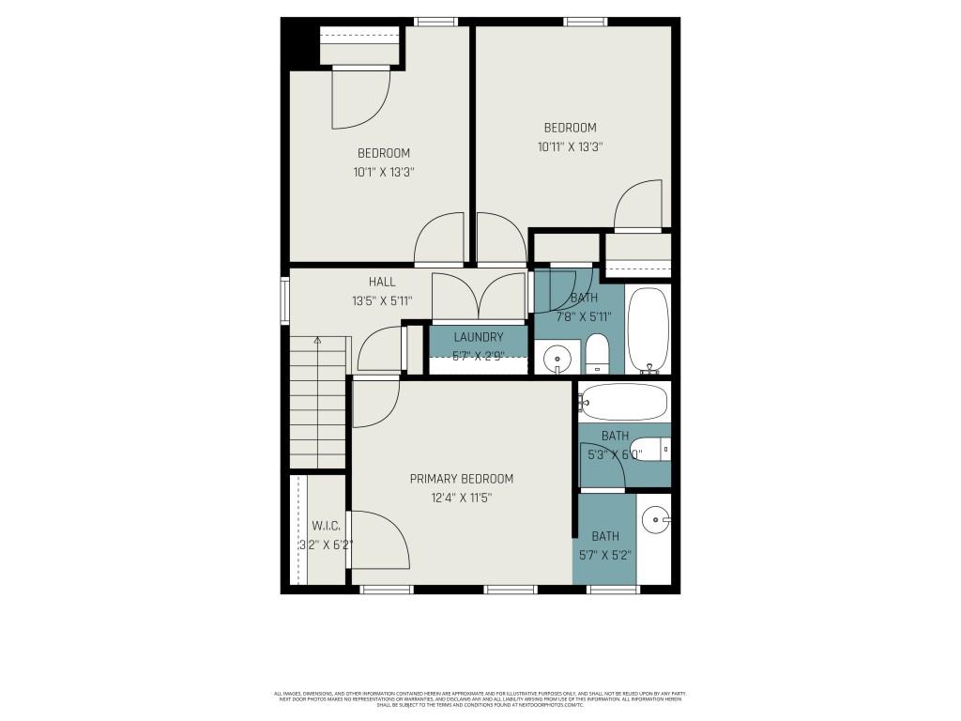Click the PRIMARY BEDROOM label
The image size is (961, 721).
461,479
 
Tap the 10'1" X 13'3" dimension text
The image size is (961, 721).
383,172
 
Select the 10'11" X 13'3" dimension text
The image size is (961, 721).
570,146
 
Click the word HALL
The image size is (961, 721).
381,282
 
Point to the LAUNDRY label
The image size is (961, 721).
479,337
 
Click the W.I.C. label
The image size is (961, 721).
325,527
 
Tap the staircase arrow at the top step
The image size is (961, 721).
317,340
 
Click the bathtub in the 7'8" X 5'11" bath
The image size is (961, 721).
648,329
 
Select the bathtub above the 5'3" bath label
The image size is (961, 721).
624,402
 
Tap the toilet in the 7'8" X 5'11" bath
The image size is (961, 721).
597,355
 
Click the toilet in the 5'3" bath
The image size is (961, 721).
649,449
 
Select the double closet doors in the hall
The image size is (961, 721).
479,297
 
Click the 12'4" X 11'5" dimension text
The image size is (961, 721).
461,499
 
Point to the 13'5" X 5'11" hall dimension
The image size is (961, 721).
382,301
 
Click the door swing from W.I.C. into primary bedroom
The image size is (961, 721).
380,540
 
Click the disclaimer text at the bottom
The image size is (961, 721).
480,698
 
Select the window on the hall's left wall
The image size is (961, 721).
284,300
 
